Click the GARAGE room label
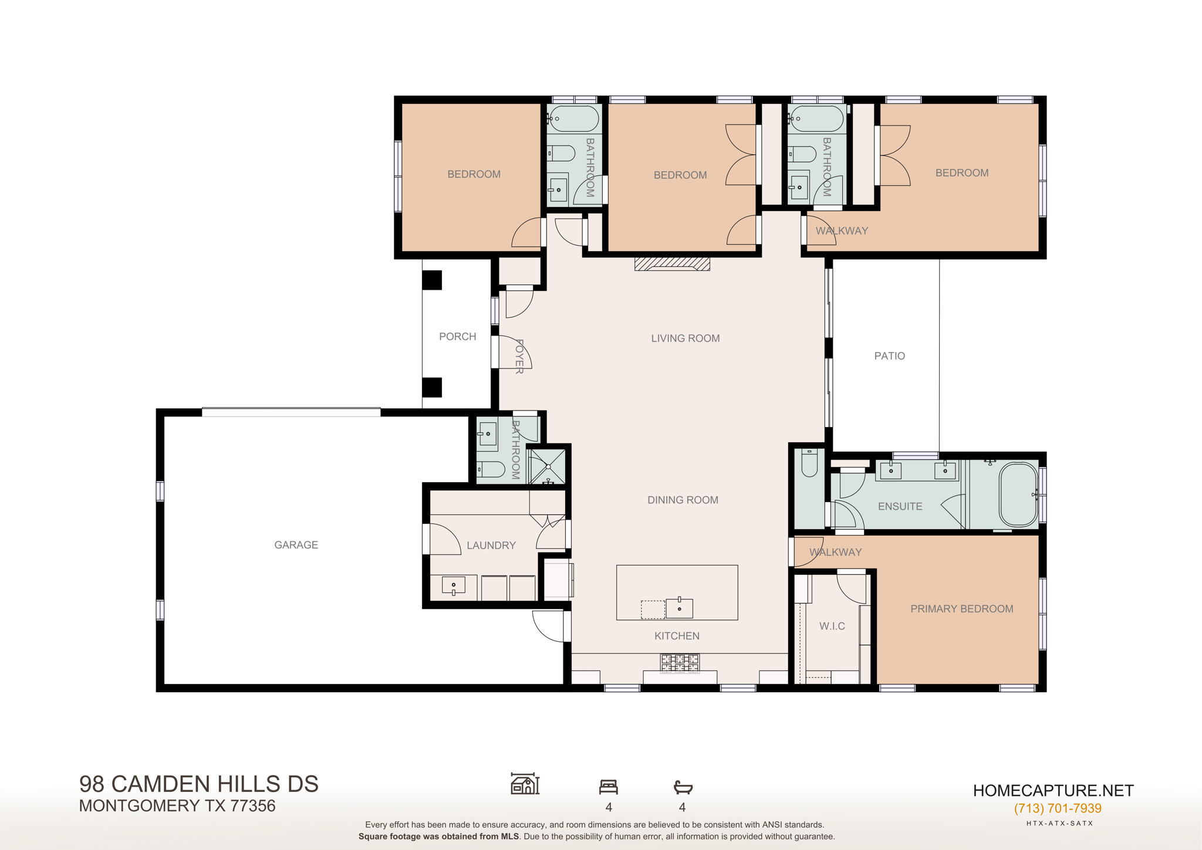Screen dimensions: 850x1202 pos(296,545)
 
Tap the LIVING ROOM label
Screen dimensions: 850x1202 pos(685,338)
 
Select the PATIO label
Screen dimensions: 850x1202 pos(889,356)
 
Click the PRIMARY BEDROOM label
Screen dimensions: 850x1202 pos(961,609)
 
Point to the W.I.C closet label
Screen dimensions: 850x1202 pos(832,627)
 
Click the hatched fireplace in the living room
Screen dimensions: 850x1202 pos(672,264)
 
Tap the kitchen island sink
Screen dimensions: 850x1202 pos(679,608)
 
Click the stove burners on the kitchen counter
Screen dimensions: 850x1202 pos(680,663)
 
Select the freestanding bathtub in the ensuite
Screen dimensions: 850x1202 pos(1018,495)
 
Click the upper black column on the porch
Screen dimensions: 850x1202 pos(432,280)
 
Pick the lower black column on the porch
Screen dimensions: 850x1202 pos(432,388)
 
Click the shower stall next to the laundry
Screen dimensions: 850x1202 pos(548,466)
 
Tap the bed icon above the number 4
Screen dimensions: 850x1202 pos(609,787)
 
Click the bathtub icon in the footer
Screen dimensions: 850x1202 pos(683,787)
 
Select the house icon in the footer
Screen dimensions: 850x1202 pos(525,784)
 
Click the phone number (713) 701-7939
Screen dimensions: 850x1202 pos(1058,808)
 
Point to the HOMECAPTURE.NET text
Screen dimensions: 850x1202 pos(1053,791)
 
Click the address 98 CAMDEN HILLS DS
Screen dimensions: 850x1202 pos(199,784)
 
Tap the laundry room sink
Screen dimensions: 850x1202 pos(453,585)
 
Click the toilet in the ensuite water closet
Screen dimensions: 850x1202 pos(809,463)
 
